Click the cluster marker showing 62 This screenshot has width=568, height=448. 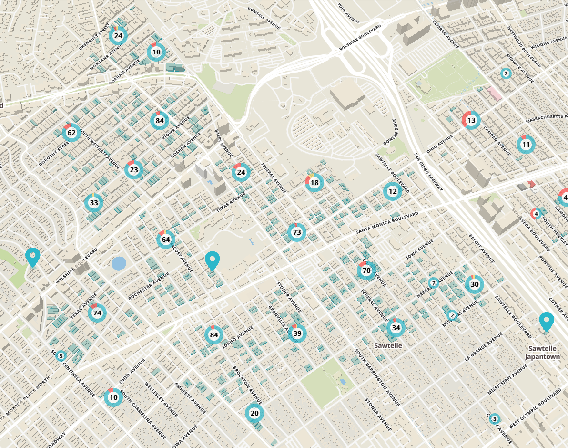71,132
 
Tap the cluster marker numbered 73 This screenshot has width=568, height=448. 297,232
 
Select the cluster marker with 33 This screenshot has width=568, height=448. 94,203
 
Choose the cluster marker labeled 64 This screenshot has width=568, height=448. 166,240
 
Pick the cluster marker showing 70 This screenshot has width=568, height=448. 366,271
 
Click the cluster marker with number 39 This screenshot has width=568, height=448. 297,333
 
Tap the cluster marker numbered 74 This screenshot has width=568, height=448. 97,313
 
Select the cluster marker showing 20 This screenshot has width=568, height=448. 254,413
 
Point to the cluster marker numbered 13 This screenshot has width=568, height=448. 471,120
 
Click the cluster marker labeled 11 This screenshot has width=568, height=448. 526,145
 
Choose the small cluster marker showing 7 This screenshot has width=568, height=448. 433,283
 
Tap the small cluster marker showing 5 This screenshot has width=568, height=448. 61,356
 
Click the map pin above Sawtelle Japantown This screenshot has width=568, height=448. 547,322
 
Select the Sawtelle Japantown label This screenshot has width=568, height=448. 542,353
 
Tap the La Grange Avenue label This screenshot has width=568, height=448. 484,346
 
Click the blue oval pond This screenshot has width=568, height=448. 119,263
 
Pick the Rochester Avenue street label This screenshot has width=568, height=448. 149,286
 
